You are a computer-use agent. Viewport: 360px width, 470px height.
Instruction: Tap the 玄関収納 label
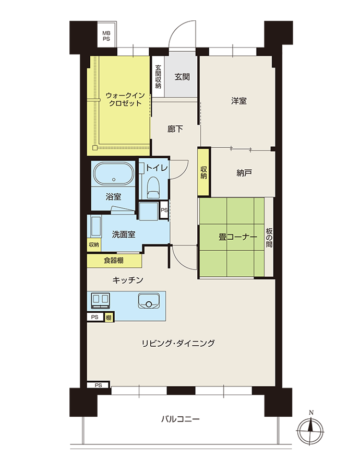coord(158,77)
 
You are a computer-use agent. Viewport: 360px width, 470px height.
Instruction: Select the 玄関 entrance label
coord(182,77)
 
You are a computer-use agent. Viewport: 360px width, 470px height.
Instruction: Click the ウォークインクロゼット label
coord(125,100)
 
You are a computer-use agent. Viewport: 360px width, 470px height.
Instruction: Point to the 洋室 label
coord(239,101)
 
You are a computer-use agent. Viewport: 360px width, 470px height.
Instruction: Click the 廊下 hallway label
coord(175,129)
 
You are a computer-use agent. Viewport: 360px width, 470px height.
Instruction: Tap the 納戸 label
coord(244,173)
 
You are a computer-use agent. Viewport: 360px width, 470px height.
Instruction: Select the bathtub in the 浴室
coord(114,174)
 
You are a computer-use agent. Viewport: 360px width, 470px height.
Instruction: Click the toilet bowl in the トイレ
coord(153,186)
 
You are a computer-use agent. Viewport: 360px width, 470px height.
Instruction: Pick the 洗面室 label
coord(124,234)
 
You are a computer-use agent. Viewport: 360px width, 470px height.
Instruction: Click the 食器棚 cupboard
coord(114,261)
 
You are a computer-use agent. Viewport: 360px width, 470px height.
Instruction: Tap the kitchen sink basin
coord(149,301)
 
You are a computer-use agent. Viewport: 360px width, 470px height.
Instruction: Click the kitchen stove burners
coord(101,300)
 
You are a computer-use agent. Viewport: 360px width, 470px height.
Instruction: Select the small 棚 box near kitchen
coord(109,318)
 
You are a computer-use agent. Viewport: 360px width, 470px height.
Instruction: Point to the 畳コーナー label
coord(237,237)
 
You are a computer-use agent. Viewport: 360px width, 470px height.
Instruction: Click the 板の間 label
coord(269,238)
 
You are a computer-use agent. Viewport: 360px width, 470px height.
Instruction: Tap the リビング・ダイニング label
coord(178,343)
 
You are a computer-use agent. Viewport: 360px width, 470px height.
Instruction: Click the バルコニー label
coord(180,419)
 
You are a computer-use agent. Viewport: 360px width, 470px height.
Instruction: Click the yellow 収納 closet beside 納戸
coord(204,172)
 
